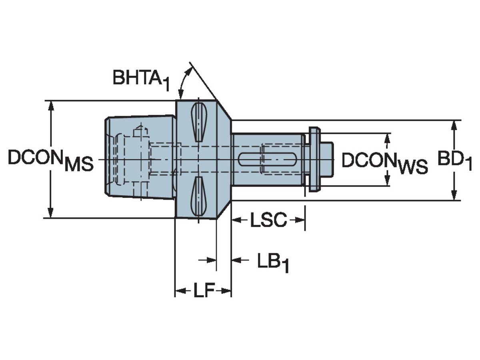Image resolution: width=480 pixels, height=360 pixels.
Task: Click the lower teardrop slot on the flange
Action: pyautogui.click(x=199, y=198)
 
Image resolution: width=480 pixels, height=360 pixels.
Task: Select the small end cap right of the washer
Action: pyautogui.click(x=327, y=160)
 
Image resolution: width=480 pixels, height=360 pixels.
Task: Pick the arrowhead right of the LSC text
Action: pyautogui.click(x=298, y=220)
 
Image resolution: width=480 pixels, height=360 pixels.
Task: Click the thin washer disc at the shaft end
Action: pyautogui.click(x=315, y=159)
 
